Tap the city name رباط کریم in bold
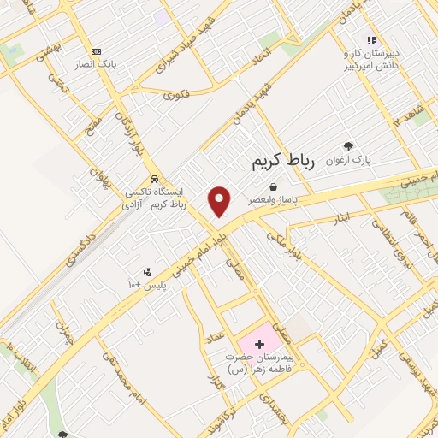(285, 161)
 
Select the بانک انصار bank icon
(95, 52)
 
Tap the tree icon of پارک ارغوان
(347, 146)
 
